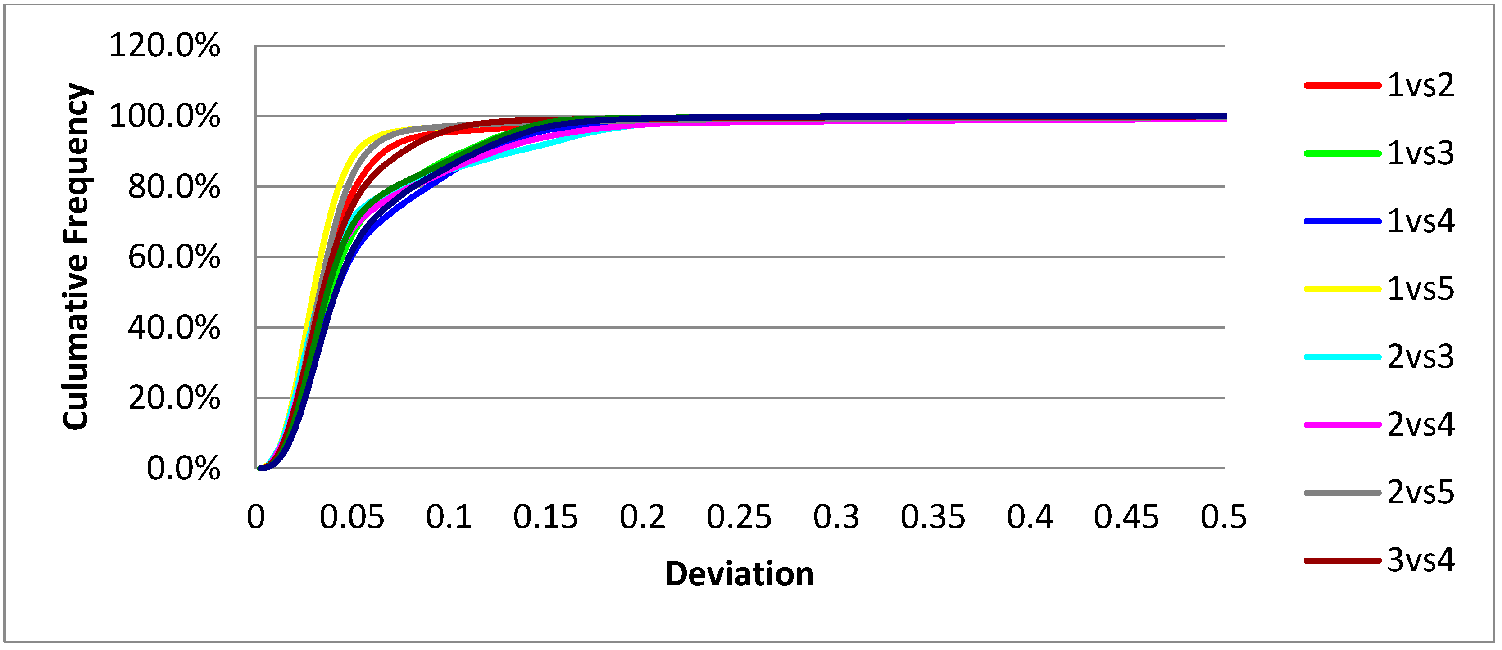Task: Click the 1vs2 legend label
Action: coord(1420,86)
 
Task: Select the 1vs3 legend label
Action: coord(1420,153)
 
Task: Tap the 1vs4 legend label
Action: coord(1420,221)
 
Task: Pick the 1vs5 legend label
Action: coord(1420,289)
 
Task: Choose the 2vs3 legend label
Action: coord(1420,357)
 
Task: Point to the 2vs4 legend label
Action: coord(1420,424)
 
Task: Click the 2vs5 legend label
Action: coord(1420,492)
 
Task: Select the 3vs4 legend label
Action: coord(1420,560)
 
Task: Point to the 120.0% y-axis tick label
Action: coord(164,45)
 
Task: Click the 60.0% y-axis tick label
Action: coord(174,257)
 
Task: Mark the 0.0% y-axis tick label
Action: coord(183,469)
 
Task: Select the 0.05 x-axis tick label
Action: coord(352,517)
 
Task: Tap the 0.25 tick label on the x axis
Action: coord(739,517)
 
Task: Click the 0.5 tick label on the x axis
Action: coord(1223,517)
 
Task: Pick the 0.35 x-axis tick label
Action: coord(933,517)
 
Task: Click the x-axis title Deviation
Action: coord(740,574)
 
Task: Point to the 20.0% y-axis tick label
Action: coord(174,399)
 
